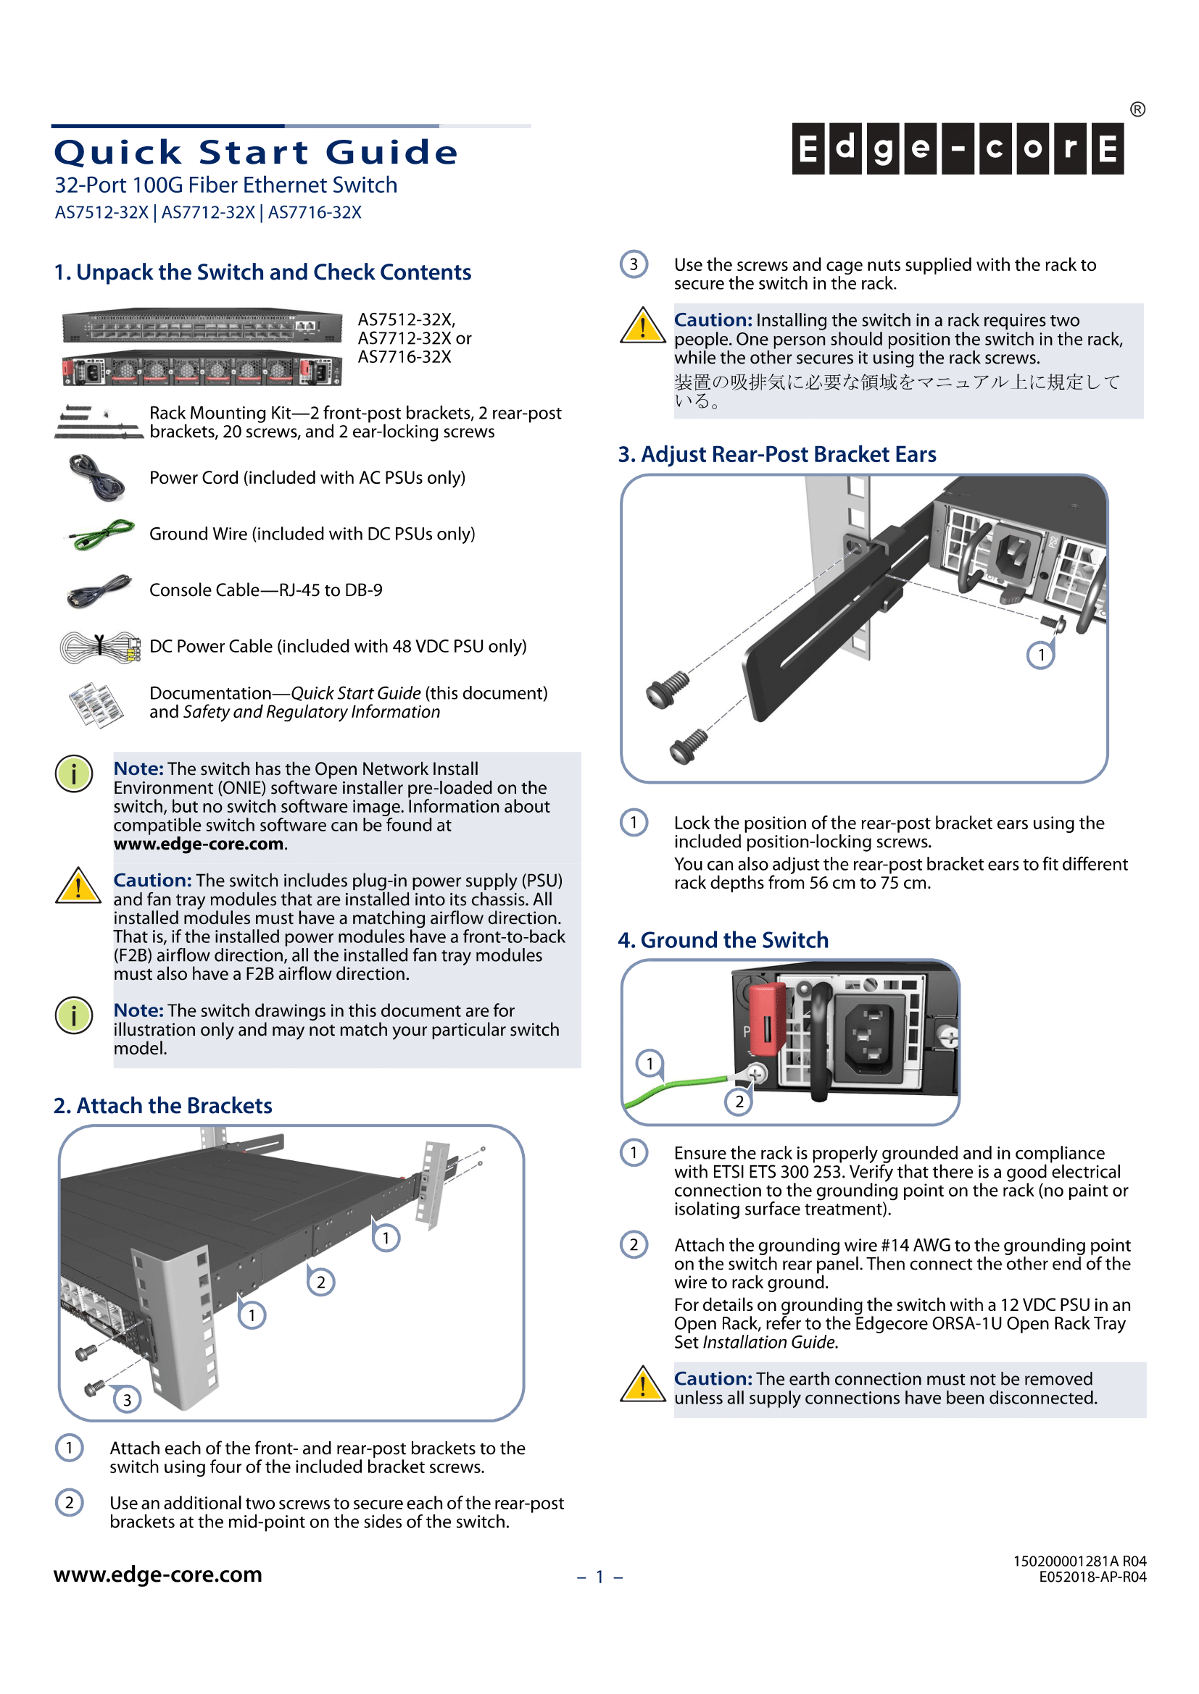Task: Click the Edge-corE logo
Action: coord(957,148)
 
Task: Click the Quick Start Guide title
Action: coord(256,153)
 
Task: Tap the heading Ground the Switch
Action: coord(723,940)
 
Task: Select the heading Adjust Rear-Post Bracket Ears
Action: coord(776,455)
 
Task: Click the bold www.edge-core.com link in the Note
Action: coord(199,844)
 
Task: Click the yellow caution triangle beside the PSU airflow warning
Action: coord(78,886)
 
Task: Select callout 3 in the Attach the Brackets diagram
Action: coord(127,1400)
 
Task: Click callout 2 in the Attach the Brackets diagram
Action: coord(320,1283)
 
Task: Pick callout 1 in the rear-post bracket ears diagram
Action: coord(1040,655)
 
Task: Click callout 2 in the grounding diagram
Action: coord(738,1102)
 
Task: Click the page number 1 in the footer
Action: coord(599,1577)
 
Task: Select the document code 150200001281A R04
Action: coord(1079,1561)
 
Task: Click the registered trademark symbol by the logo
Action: coord(1137,110)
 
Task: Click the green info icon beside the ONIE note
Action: coord(74,774)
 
